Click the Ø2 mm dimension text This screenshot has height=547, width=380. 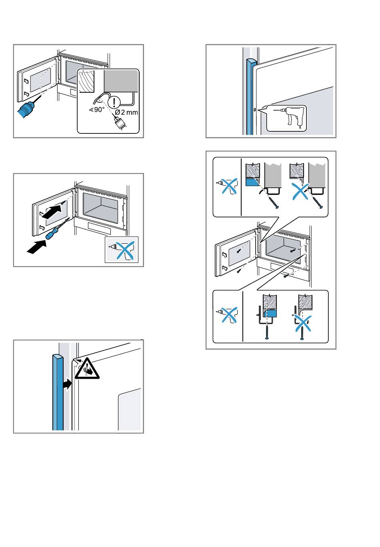point(126,112)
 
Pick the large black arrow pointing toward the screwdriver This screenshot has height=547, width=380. point(36,247)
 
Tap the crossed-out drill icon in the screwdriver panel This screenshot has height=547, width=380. point(121,250)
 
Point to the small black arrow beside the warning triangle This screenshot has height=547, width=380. point(66,384)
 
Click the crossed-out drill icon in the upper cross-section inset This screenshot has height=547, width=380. point(227,187)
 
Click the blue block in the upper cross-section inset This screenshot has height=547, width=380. point(251,182)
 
